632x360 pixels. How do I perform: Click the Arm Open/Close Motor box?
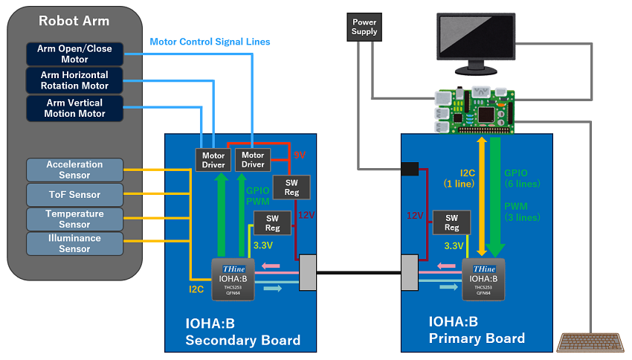[74, 54]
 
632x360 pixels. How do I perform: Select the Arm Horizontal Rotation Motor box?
[74, 80]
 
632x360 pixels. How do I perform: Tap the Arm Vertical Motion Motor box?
[74, 109]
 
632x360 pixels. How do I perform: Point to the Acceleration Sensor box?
[74, 170]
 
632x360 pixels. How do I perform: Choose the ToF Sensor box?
[74, 195]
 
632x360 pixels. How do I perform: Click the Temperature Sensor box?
[74, 219]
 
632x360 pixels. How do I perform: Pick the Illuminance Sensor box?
[74, 243]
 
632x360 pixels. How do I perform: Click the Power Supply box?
[364, 28]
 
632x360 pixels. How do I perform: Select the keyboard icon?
[590, 341]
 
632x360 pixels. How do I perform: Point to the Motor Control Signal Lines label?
[210, 42]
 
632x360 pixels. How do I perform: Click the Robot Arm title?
[74, 21]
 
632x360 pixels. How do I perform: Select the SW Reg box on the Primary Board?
[451, 222]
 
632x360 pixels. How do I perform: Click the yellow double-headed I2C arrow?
[482, 197]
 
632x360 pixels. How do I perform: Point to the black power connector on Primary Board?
[410, 170]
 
